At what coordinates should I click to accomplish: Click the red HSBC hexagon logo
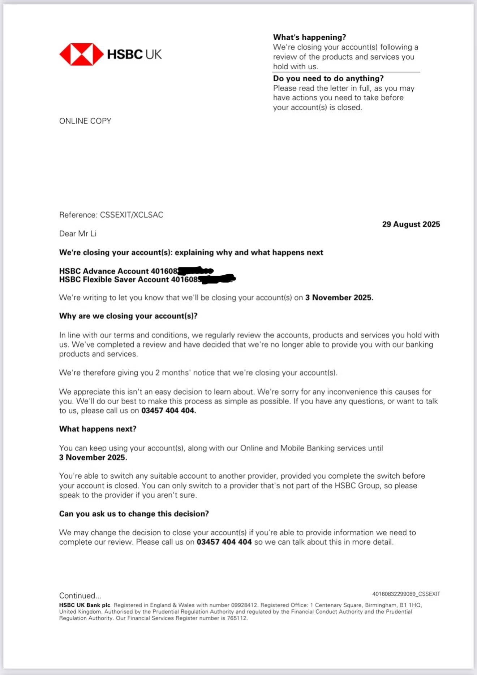tap(81, 55)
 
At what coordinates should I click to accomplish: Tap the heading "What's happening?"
tap(309, 37)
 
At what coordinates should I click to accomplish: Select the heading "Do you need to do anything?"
tap(328, 78)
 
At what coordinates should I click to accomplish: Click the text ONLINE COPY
tap(85, 121)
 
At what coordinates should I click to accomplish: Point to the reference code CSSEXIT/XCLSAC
tap(132, 215)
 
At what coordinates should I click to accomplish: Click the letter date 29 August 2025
tap(411, 224)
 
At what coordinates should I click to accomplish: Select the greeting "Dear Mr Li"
tap(78, 234)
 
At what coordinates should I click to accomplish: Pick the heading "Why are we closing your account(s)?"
tap(128, 316)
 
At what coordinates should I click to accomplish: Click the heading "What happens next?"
tap(98, 429)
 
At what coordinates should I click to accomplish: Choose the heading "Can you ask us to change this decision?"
tap(134, 514)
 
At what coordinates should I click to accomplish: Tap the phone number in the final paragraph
tap(224, 542)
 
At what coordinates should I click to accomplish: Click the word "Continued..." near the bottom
tap(80, 596)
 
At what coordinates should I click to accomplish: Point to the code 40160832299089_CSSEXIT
tap(406, 594)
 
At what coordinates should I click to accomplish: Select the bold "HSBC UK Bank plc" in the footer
tap(85, 605)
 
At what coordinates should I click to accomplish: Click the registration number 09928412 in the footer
tap(244, 605)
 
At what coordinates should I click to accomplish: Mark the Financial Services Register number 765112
tap(237, 618)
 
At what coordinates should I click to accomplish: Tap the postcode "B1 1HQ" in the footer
tap(410, 605)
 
